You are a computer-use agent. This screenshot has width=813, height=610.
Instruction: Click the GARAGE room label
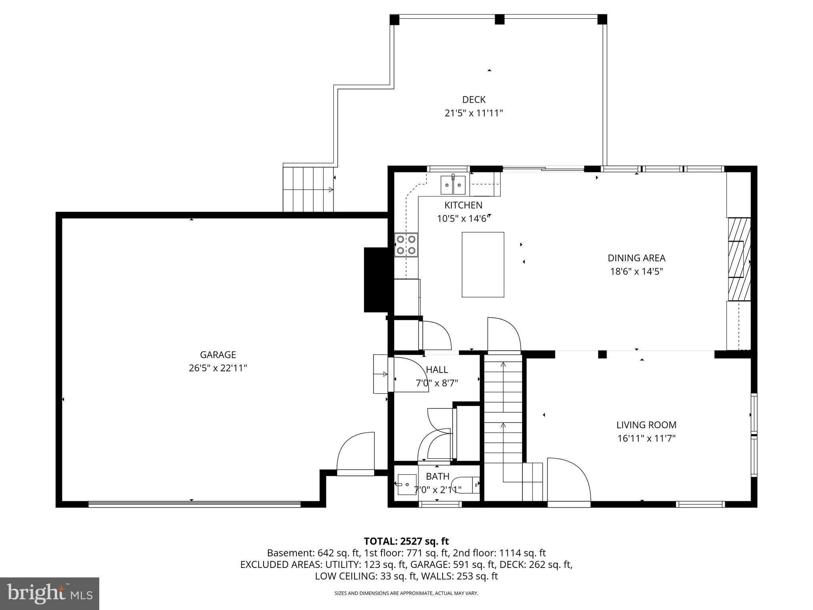218,355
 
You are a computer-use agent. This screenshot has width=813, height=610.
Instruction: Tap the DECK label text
474,100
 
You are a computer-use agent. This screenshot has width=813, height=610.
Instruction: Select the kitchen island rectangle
483,264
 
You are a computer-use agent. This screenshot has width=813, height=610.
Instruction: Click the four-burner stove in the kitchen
406,245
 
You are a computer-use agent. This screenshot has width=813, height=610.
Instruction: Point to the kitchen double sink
453,185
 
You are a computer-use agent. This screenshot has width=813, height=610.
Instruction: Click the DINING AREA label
636,258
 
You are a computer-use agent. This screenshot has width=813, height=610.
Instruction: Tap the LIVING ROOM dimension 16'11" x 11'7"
646,438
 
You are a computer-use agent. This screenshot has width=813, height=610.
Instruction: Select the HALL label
437,370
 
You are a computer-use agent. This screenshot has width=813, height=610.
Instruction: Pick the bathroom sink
407,485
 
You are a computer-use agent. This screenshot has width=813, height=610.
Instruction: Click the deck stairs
308,189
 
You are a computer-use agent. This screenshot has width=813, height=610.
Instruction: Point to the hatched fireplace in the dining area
739,259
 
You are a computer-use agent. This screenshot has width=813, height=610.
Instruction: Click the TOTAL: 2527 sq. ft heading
406,541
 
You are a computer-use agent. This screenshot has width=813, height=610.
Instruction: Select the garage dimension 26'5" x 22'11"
218,368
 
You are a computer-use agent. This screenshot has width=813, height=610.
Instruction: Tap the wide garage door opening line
195,504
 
